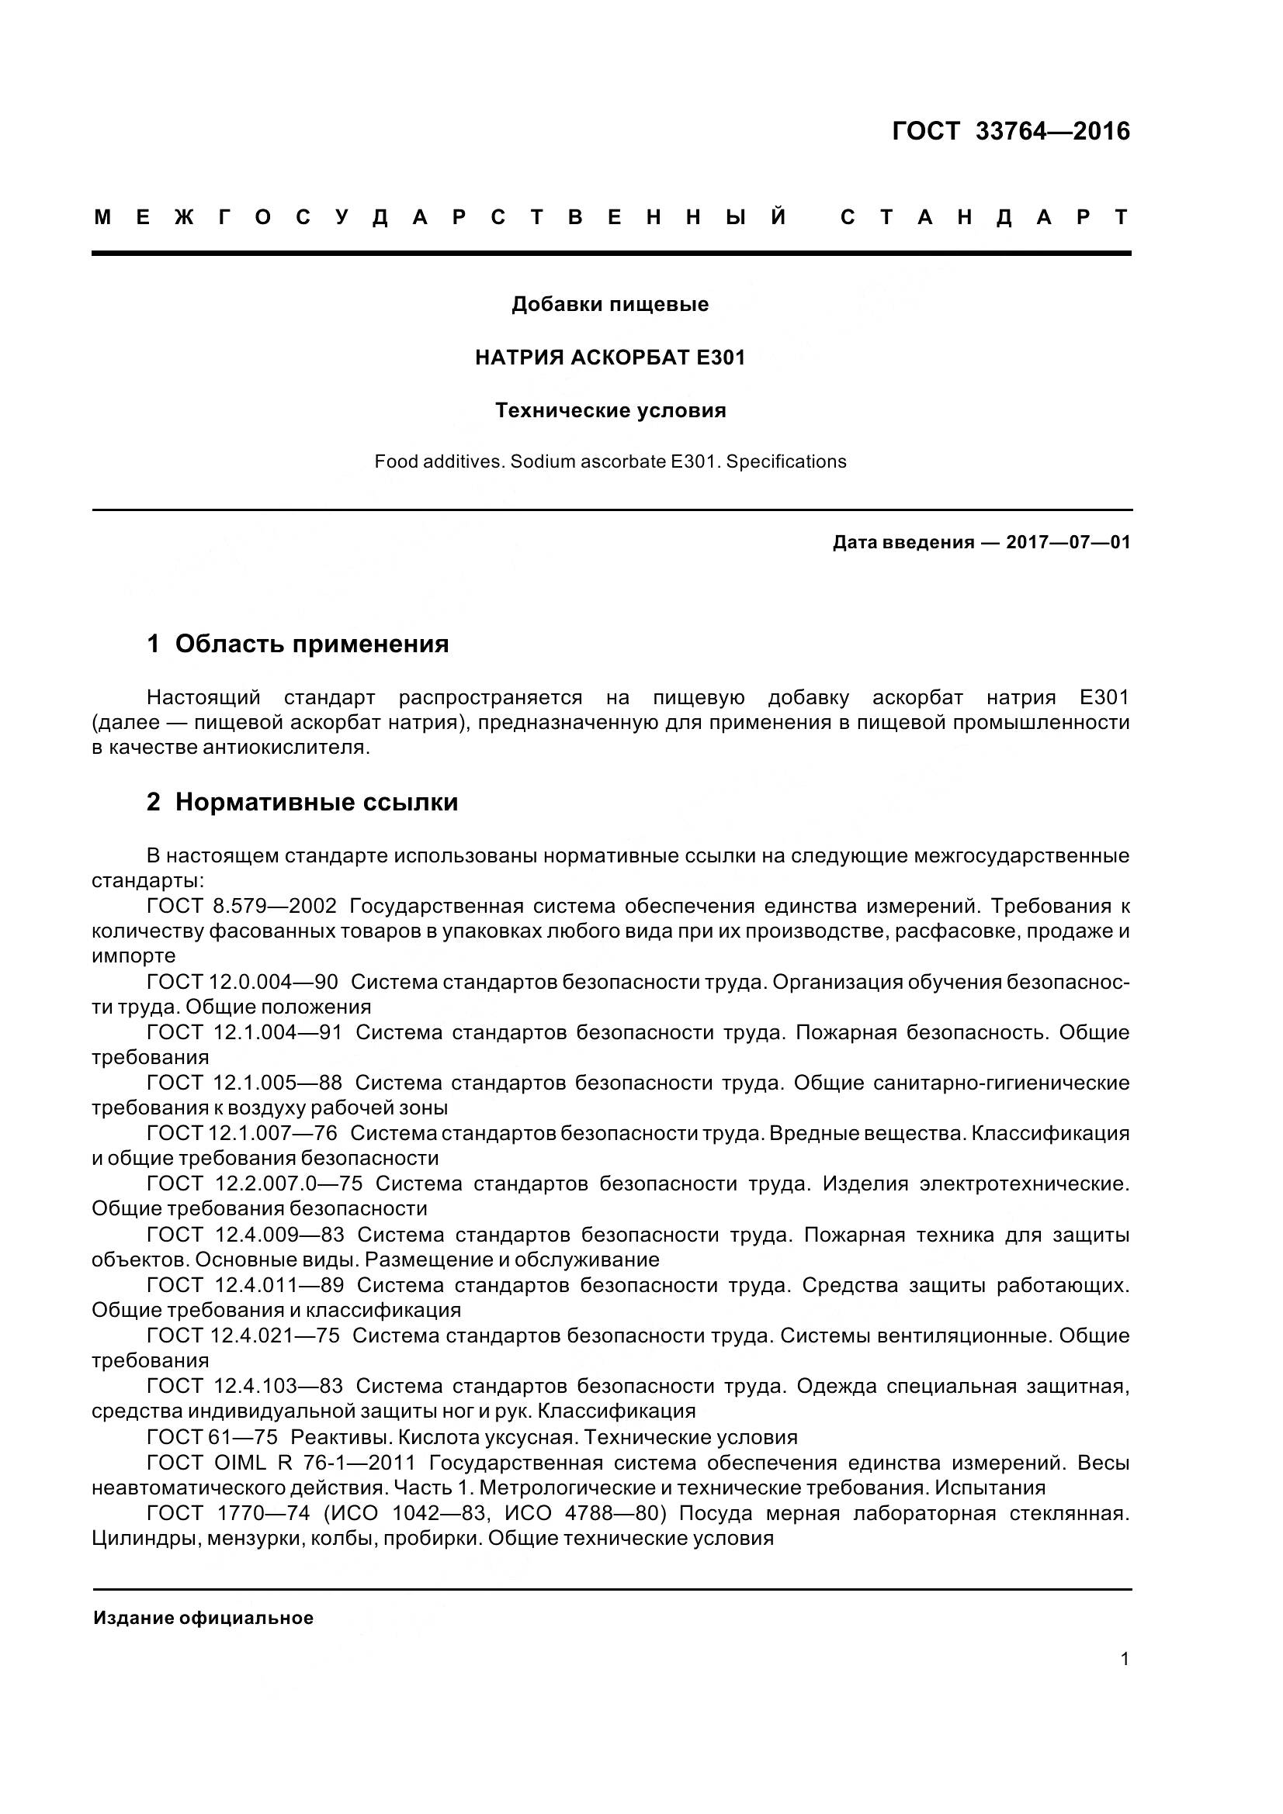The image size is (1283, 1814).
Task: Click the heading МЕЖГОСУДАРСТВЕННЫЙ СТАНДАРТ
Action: click(611, 217)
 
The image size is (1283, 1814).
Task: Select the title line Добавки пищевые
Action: click(609, 304)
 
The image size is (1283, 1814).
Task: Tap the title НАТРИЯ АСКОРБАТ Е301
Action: click(609, 358)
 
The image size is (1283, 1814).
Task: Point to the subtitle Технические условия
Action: click(609, 411)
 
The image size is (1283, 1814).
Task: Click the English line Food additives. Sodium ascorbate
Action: click(609, 461)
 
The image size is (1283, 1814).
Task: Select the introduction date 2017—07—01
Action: click(1067, 543)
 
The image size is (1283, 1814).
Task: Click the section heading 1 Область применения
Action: click(298, 644)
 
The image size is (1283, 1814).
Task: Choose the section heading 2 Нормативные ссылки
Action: click(302, 802)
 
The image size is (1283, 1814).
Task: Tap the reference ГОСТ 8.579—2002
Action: click(242, 905)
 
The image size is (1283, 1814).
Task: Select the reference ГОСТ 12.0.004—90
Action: click(242, 982)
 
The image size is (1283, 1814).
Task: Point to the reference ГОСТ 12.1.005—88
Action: click(244, 1083)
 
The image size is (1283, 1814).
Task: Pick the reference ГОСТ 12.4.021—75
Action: click(243, 1335)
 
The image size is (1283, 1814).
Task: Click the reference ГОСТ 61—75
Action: click(212, 1436)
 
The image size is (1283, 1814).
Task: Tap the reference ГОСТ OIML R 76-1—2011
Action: click(281, 1463)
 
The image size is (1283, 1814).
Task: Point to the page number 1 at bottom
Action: click(1124, 1659)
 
